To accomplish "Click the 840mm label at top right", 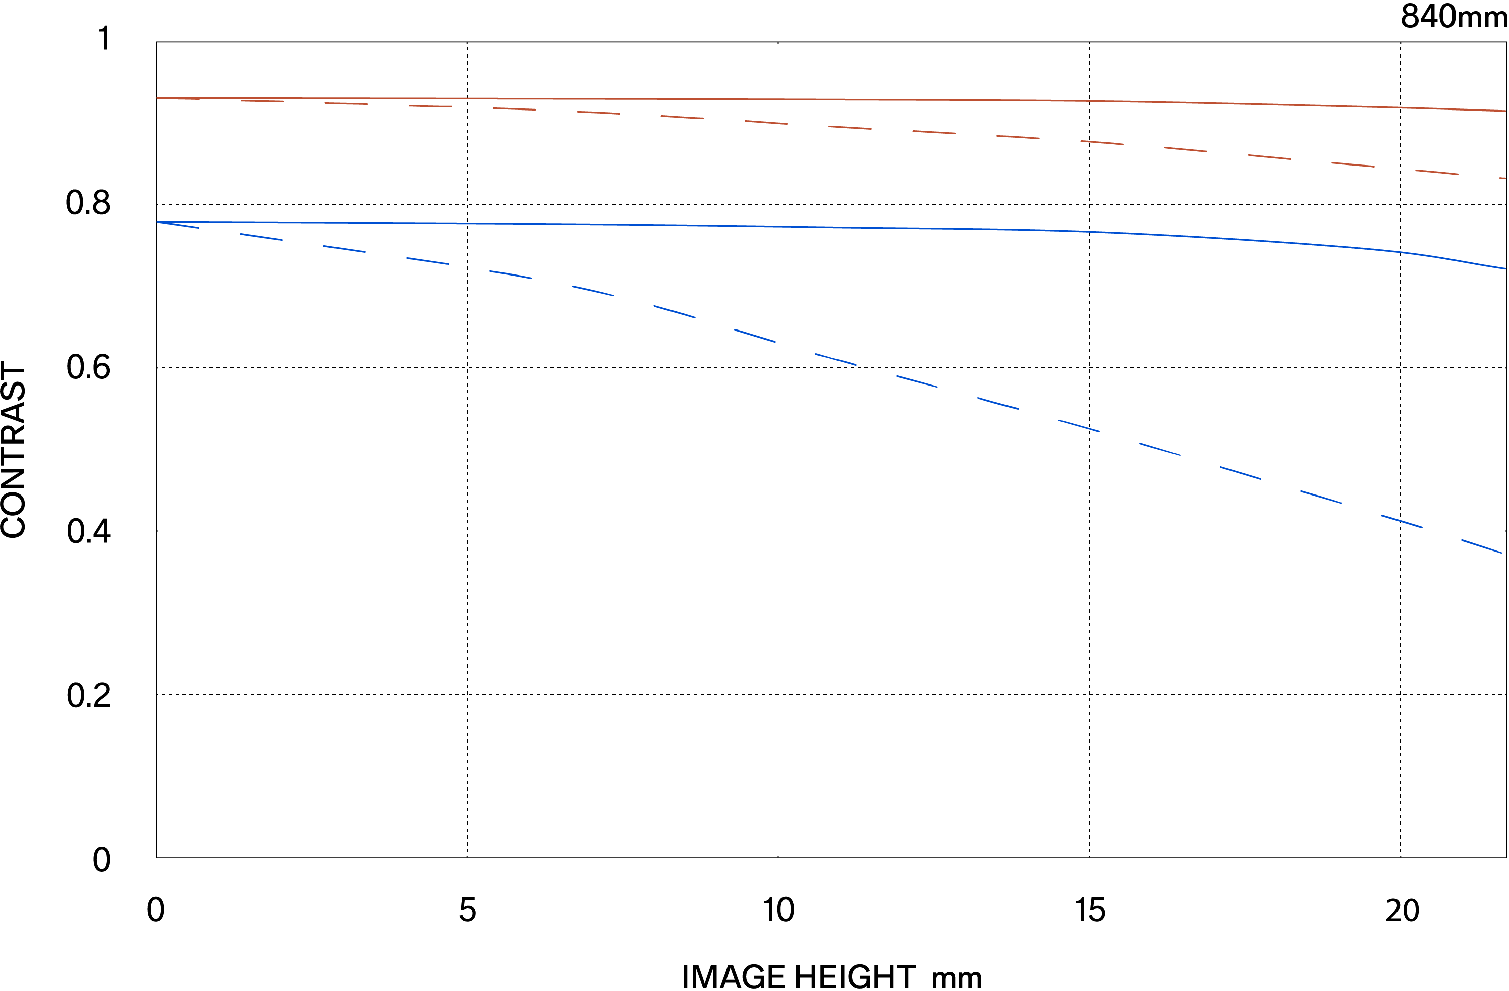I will (x=1453, y=17).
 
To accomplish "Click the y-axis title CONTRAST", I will (x=14, y=450).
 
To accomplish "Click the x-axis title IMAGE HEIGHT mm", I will (x=831, y=976).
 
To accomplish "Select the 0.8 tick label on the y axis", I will (x=88, y=203).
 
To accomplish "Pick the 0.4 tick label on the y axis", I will (x=88, y=531).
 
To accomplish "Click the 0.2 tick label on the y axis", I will (x=88, y=695).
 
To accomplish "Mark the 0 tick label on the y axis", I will (x=101, y=860).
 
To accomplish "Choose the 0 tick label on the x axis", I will (x=156, y=910).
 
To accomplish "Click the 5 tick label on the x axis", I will (x=467, y=910).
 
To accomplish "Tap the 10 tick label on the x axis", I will (x=778, y=910).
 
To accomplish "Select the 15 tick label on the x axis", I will (x=1090, y=910).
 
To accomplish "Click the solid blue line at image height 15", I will (x=1089, y=232).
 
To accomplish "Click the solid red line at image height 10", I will (x=778, y=99).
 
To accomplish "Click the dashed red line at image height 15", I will (x=1089, y=142).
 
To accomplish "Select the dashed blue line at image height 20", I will (x=1401, y=521).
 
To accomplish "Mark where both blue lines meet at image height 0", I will (x=157, y=222).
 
